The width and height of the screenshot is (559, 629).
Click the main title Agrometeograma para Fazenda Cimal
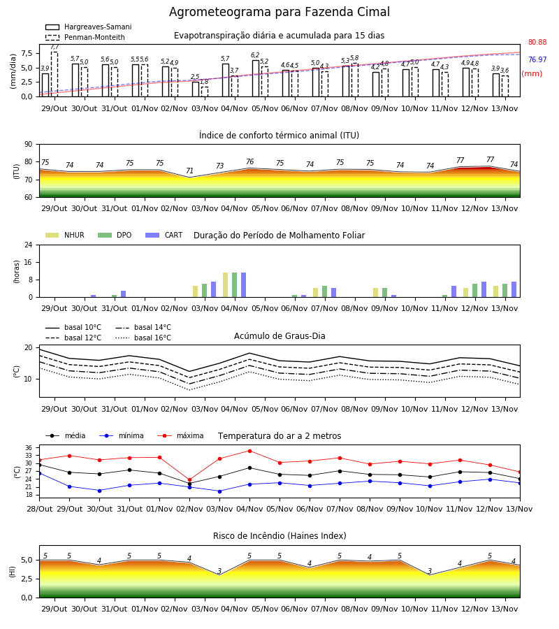(x=279, y=12)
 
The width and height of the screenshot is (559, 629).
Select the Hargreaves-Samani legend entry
(x=88, y=27)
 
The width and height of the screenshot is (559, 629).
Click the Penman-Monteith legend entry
(x=85, y=37)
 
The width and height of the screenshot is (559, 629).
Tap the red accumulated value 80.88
(x=537, y=42)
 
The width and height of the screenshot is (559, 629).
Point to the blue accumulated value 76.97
(x=537, y=60)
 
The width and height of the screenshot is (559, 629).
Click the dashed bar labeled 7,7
(x=55, y=74)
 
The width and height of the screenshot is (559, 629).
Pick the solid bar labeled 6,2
(x=256, y=78)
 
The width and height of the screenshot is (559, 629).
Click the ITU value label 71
(x=189, y=171)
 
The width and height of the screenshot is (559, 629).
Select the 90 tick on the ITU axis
(x=29, y=145)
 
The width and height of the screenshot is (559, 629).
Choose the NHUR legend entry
(x=65, y=235)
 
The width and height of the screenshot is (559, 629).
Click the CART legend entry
(x=164, y=235)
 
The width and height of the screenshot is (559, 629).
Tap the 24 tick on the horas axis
(x=29, y=245)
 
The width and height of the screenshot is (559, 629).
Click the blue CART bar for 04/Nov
(x=243, y=285)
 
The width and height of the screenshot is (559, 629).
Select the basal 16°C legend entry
(x=143, y=338)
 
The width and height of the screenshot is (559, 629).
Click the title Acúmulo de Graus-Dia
(x=279, y=336)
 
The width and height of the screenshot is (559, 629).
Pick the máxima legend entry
(x=180, y=435)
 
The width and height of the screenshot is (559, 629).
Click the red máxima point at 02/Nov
(x=189, y=479)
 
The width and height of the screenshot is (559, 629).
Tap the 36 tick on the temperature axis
(x=29, y=448)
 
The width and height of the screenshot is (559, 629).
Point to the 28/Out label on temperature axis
(x=39, y=509)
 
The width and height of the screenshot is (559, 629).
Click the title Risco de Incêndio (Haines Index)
(x=279, y=536)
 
